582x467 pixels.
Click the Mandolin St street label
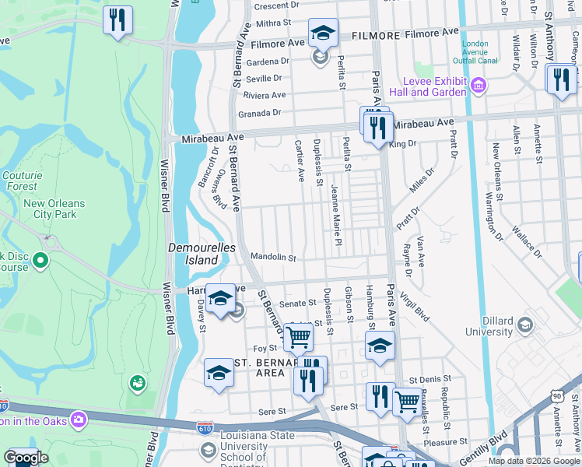pos(273,258)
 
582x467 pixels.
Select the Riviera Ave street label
pos(265,95)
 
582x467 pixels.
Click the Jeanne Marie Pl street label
pos(337,216)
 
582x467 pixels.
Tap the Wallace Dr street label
pos(527,242)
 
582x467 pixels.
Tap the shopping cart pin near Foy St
pos(298,338)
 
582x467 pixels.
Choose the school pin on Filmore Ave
pos(323,33)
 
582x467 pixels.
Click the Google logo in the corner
pos(26,458)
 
